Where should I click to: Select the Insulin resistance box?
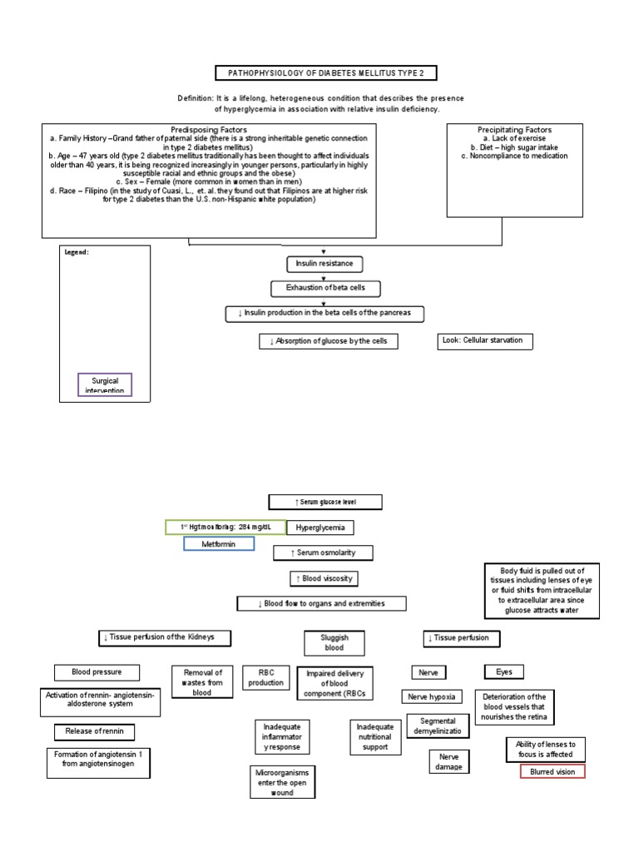[324, 264]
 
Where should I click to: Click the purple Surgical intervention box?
[105, 385]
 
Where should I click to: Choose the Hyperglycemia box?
[320, 528]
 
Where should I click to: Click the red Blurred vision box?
[552, 771]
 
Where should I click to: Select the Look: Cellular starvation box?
[485, 341]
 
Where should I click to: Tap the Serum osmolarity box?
[323, 552]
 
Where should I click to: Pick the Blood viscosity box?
[320, 578]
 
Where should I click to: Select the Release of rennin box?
[94, 732]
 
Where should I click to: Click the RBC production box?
[265, 677]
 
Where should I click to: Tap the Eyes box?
[504, 671]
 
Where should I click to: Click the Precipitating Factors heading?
[514, 130]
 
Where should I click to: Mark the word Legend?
[77, 252]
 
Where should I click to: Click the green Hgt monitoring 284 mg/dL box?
[225, 527]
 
